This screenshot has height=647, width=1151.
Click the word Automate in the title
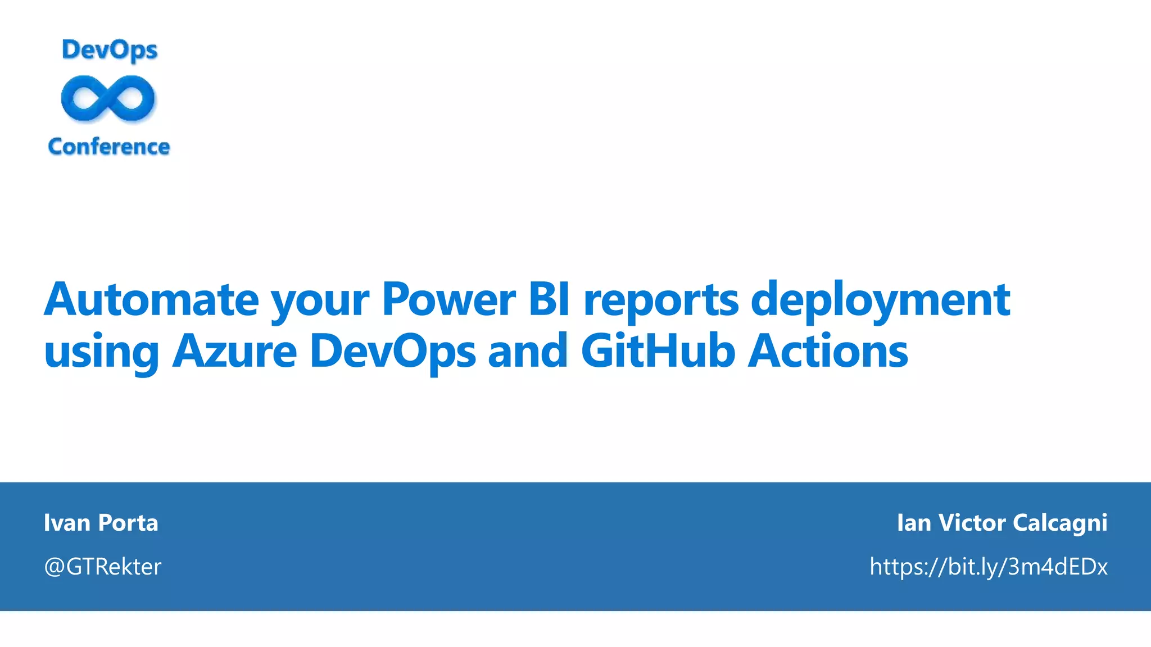click(x=151, y=300)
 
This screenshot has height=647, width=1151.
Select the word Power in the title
click(x=448, y=300)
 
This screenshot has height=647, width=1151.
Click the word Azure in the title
click(x=234, y=352)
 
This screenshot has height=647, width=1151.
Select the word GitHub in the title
click(x=658, y=352)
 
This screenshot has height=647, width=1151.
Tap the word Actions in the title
click(x=828, y=352)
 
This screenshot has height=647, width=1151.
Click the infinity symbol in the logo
click(x=108, y=99)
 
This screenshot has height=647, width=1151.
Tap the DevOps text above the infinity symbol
click(x=110, y=51)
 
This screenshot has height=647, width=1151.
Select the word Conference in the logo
click(x=109, y=147)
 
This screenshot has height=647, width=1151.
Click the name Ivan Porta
click(x=101, y=522)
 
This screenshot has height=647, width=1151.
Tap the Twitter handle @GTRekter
click(x=103, y=567)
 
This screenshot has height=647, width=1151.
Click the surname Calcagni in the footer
click(x=1060, y=523)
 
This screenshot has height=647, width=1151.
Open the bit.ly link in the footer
click(x=989, y=567)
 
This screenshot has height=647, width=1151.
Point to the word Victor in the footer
click(x=972, y=522)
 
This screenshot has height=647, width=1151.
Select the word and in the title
click(x=528, y=352)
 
